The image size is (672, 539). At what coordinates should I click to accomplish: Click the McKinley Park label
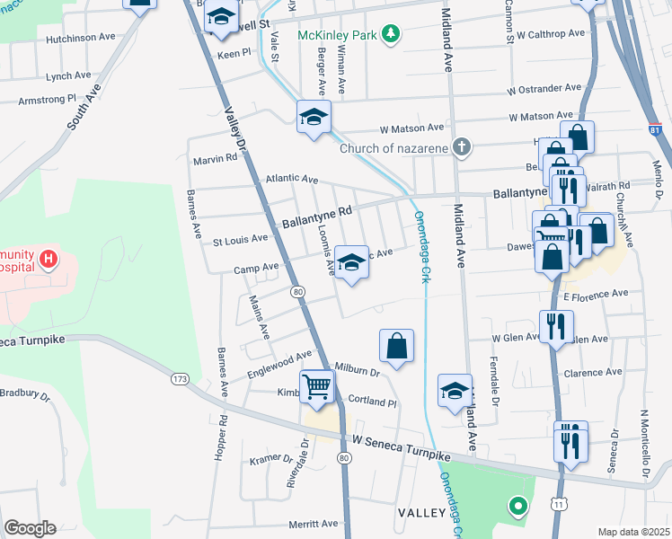(338, 35)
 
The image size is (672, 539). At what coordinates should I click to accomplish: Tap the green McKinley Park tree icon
(390, 35)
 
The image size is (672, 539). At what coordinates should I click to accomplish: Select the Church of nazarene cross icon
(461, 148)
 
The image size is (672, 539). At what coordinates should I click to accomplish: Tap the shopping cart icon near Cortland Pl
(317, 388)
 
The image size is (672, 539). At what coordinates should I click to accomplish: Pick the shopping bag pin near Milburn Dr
(396, 345)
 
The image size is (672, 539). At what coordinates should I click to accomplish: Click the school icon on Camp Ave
(351, 263)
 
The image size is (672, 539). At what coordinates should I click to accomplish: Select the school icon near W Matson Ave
(314, 117)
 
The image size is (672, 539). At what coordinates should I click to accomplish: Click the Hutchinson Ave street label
(82, 39)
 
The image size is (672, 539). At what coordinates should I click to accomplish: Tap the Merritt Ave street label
(312, 523)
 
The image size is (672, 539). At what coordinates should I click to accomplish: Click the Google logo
(30, 528)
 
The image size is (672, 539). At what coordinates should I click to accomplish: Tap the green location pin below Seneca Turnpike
(517, 507)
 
